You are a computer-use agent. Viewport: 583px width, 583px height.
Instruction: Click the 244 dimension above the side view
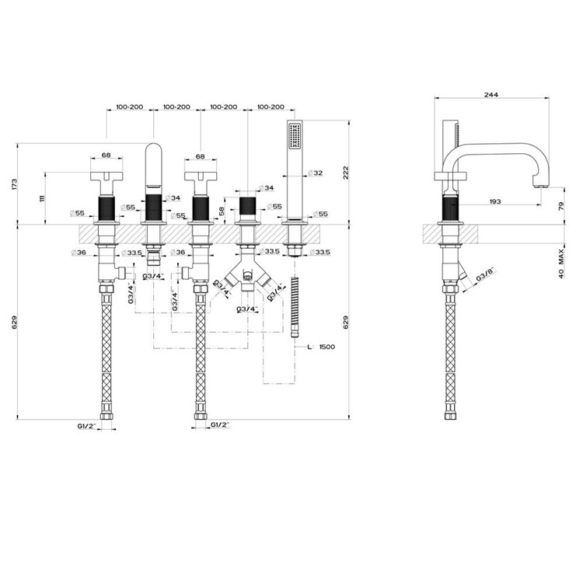(490, 95)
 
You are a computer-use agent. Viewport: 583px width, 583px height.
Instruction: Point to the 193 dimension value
(495, 201)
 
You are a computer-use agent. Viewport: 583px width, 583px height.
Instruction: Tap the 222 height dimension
(346, 173)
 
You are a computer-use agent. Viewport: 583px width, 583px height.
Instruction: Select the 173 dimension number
(15, 185)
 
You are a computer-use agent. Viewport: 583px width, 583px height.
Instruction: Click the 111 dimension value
(42, 198)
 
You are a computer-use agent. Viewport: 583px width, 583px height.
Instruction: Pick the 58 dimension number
(222, 211)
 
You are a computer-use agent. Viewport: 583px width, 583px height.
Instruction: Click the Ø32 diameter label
(316, 173)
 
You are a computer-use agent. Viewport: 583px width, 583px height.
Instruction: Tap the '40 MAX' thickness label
(561, 264)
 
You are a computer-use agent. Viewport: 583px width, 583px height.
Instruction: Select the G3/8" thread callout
(485, 274)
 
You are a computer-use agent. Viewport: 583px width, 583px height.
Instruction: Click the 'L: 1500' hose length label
(321, 347)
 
